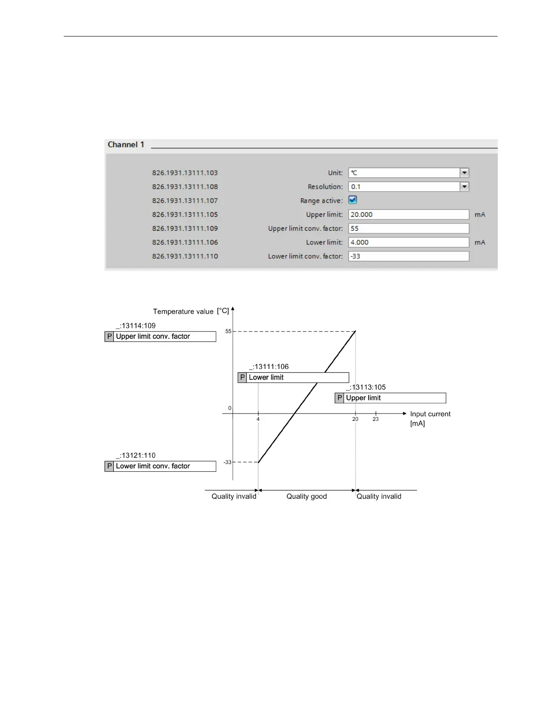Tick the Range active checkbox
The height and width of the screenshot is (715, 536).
click(353, 200)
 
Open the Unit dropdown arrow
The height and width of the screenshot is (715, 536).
click(464, 173)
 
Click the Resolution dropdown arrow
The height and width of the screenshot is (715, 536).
click(464, 187)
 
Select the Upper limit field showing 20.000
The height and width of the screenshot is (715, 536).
click(408, 214)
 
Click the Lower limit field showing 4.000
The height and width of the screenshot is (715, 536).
click(408, 242)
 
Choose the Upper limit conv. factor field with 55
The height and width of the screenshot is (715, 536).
click(408, 228)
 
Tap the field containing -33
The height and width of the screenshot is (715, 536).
click(408, 256)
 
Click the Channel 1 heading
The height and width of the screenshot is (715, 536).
click(126, 145)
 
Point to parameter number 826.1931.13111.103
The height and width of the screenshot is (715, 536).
click(185, 173)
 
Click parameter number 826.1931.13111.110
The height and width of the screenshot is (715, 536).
click(185, 256)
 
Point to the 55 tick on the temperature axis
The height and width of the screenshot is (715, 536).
click(229, 332)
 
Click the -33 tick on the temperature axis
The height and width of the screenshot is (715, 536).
click(227, 462)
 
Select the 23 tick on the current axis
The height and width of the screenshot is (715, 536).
click(375, 419)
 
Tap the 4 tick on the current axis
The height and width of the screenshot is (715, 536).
click(258, 419)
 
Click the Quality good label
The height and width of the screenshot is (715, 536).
click(306, 496)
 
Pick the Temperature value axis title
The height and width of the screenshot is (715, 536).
click(183, 311)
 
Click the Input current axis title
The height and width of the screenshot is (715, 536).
click(430, 414)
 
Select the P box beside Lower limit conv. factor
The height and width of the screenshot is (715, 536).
click(109, 466)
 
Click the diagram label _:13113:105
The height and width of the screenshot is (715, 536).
click(366, 387)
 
